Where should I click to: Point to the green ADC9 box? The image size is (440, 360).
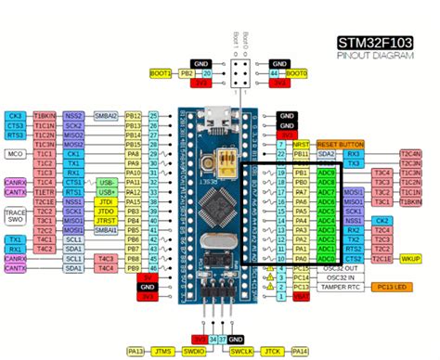pos(326,173)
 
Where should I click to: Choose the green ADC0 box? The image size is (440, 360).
pos(326,260)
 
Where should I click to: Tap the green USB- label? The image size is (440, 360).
pos(106,183)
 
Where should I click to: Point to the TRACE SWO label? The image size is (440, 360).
pos(16,216)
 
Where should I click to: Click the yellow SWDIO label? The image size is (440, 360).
pos(193,352)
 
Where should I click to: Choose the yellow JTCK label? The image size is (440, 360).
pos(272,352)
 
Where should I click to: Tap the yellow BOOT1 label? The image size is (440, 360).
pos(161,72)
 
